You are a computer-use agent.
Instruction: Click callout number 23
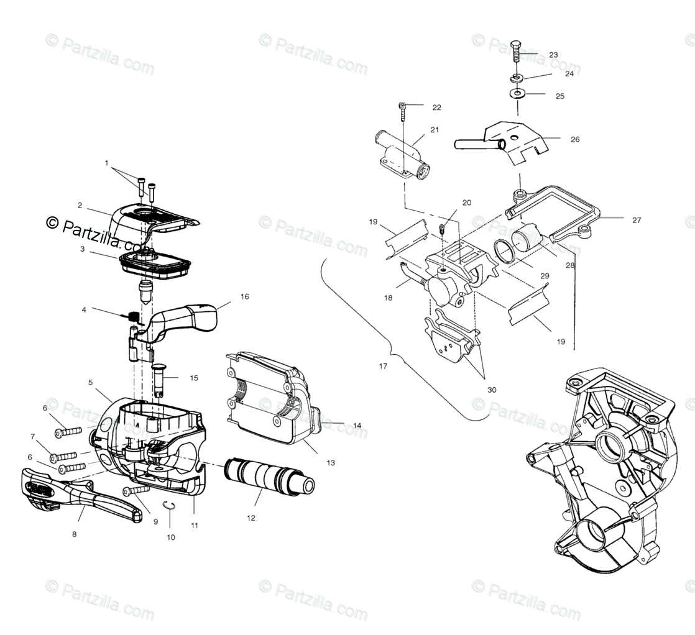click(x=553, y=55)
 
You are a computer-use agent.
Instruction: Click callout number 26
click(x=575, y=139)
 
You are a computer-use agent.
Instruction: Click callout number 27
click(x=636, y=220)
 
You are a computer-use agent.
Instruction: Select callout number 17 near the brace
click(x=383, y=366)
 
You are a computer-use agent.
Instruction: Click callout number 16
click(x=244, y=297)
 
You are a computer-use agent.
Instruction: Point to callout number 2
click(x=80, y=204)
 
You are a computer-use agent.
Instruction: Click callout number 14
click(x=357, y=426)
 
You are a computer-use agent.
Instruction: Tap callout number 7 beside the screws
click(x=32, y=436)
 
